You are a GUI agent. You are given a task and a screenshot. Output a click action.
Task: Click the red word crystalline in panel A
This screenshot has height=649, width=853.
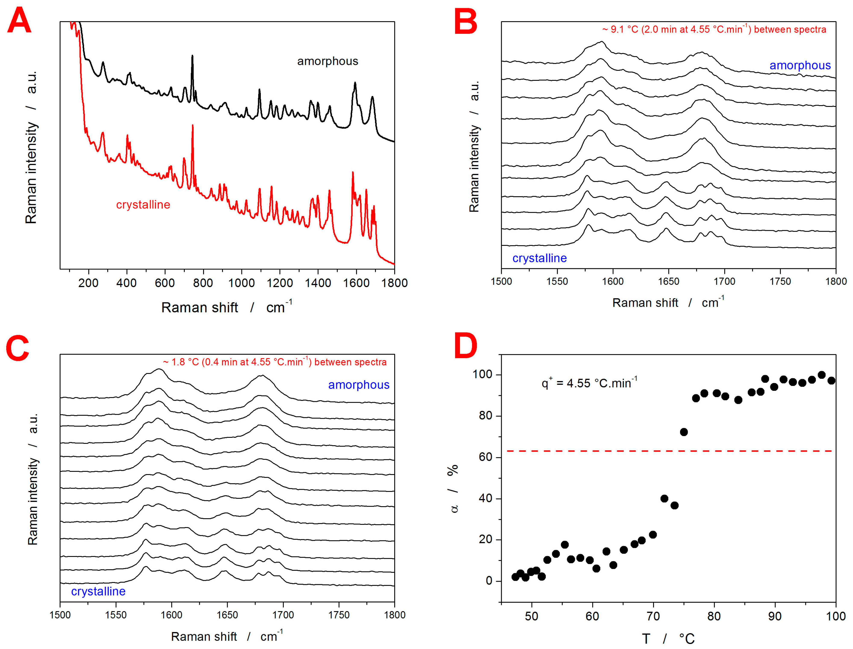143,205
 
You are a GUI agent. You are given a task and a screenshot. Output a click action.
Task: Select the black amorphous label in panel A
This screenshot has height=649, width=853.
327,61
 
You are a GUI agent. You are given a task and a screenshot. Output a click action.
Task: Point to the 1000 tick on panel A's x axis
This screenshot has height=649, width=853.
241,283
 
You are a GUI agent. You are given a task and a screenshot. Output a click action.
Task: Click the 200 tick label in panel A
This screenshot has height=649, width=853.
89,283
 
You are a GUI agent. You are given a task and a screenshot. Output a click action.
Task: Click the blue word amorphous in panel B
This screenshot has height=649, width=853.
800,65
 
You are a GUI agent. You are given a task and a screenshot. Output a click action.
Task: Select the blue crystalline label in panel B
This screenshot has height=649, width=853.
539,258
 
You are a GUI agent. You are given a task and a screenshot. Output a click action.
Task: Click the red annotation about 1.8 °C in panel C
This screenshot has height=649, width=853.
274,362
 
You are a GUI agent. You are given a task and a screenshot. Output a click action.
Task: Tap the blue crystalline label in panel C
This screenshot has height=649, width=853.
98,591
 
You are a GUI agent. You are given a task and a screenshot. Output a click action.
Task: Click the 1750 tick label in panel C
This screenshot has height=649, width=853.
339,615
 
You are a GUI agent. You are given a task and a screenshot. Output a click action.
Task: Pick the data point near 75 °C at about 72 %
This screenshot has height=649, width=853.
684,432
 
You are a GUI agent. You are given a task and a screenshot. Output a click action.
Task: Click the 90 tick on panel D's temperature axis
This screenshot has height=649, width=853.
775,616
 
